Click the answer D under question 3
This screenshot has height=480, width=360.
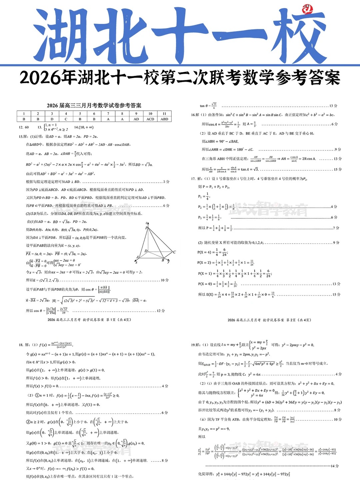coord(52,119)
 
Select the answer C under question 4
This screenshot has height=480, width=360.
coord(66,119)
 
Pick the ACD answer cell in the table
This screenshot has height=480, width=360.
coord(150,119)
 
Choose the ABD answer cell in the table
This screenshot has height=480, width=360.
coord(164,119)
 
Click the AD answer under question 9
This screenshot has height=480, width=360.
coord(136,119)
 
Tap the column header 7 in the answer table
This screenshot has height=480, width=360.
coord(108,114)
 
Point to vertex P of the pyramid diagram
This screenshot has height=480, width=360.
coord(146,228)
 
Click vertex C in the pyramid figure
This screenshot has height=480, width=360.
coord(174,252)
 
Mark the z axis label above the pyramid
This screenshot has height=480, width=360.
coord(147,223)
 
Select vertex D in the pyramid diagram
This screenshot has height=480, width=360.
coord(146,251)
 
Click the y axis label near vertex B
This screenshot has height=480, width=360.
coord(168,262)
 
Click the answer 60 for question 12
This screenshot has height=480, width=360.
coord(27,127)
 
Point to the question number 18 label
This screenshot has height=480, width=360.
coord(21,345)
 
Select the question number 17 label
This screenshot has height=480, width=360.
coord(193,179)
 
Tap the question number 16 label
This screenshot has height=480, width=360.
coord(193,115)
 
